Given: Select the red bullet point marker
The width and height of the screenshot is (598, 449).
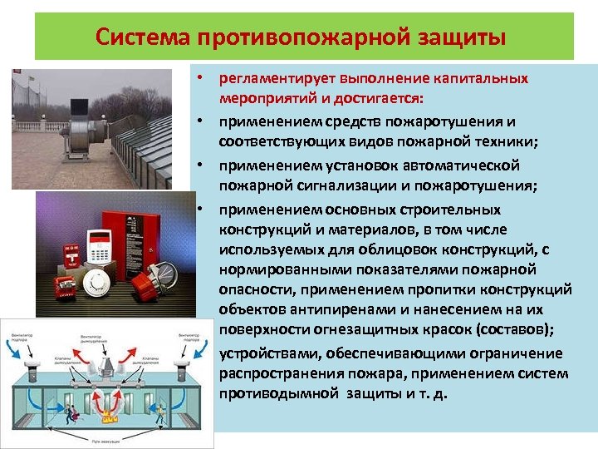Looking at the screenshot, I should (201, 78).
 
